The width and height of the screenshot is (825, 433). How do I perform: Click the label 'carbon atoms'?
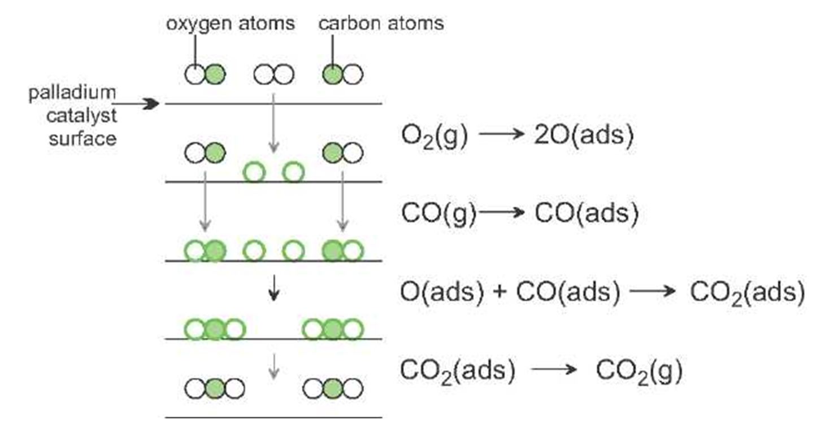pyautogui.click(x=381, y=23)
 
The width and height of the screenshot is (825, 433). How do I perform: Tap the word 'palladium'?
pyautogui.click(x=72, y=94)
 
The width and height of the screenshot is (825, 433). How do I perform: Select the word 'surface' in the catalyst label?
pyautogui.click(x=82, y=139)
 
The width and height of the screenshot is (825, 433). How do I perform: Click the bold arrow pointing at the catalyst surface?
pyautogui.click(x=136, y=104)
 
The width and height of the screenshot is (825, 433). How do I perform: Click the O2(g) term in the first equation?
pyautogui.click(x=435, y=136)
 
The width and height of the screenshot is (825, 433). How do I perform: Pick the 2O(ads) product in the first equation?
pyautogui.click(x=584, y=135)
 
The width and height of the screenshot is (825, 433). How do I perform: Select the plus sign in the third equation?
pyautogui.click(x=500, y=292)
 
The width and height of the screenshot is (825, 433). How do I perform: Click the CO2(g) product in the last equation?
pyautogui.click(x=640, y=371)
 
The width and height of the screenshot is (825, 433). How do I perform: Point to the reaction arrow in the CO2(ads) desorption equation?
pyautogui.click(x=554, y=369)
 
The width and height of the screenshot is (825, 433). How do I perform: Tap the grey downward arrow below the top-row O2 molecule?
pyautogui.click(x=273, y=123)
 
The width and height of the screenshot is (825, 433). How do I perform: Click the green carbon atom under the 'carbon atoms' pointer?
pyautogui.click(x=333, y=75)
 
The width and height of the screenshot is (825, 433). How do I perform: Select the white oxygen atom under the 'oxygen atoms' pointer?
pyautogui.click(x=195, y=75)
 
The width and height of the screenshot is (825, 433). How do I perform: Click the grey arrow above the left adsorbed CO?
pyautogui.click(x=205, y=202)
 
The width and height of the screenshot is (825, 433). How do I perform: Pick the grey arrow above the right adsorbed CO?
pyautogui.click(x=343, y=202)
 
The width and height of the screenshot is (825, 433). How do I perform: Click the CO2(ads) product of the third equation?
pyautogui.click(x=748, y=293)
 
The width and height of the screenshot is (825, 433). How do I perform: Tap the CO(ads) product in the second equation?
pyautogui.click(x=587, y=213)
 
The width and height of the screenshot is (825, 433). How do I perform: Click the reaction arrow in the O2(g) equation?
pyautogui.click(x=502, y=134)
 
